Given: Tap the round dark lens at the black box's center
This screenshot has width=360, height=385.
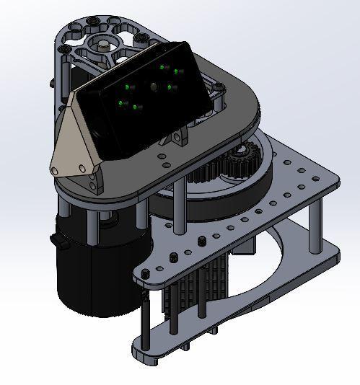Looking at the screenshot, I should click(153, 87).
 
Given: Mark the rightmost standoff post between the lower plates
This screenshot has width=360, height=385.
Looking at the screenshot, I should click(316, 227).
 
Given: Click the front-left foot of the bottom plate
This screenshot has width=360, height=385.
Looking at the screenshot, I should click(141, 353).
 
